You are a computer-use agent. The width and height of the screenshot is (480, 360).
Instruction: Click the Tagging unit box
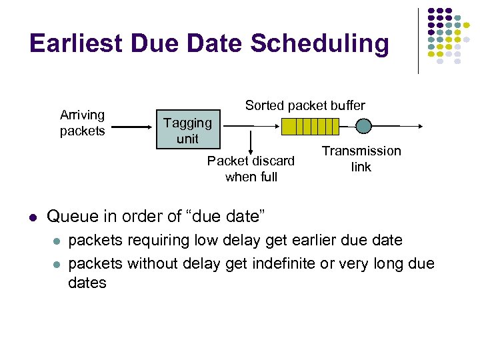click(x=187, y=130)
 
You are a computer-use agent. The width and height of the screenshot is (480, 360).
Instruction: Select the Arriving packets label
click(x=82, y=123)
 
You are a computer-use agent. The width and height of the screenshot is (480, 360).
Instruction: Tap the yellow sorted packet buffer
click(x=310, y=126)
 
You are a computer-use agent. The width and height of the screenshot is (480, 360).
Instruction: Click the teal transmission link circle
click(x=363, y=126)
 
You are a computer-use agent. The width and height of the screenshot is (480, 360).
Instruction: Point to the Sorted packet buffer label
click(x=305, y=105)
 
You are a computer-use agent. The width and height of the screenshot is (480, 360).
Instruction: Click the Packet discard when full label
click(x=251, y=169)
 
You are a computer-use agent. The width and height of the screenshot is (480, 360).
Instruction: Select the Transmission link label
click(x=361, y=159)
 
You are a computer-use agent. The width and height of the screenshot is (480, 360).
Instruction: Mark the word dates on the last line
click(x=87, y=283)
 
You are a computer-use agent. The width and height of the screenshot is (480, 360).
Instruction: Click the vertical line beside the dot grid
click(x=418, y=40)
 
